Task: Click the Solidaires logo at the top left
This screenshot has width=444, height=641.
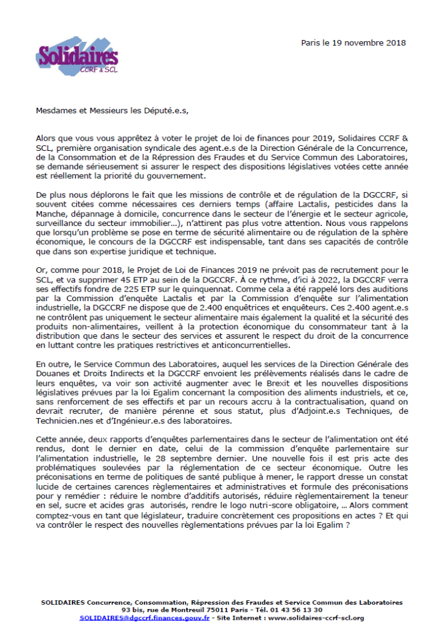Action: [78, 57]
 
